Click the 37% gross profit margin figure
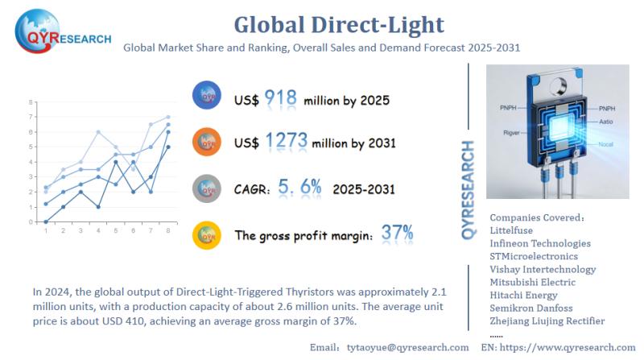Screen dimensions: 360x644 [398, 234]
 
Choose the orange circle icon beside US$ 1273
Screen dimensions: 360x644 [207, 143]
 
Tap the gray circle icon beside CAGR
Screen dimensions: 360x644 [207, 188]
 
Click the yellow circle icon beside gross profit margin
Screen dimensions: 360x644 [207, 234]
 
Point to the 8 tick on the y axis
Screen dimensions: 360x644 [31, 102]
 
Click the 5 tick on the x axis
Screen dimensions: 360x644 [116, 231]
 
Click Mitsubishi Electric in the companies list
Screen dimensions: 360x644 [532, 282]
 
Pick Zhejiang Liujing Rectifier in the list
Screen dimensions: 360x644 [547, 321]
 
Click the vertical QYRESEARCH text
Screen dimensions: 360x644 [469, 189]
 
